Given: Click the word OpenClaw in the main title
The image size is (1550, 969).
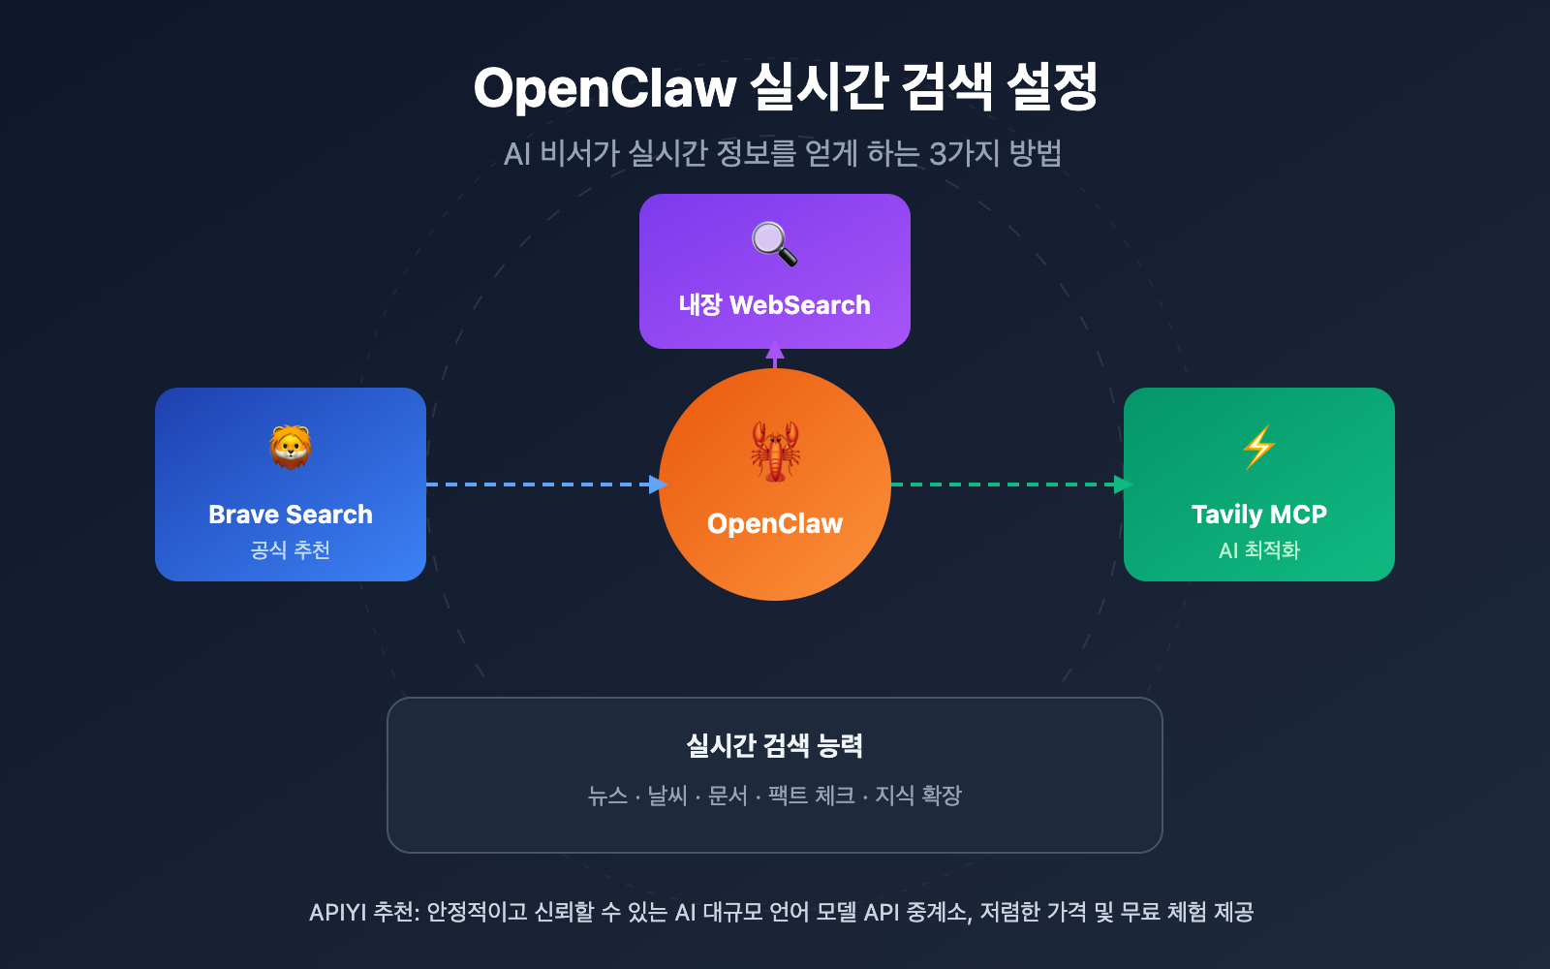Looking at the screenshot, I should click(x=604, y=88).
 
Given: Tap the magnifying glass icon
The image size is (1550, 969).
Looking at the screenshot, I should click(x=774, y=243).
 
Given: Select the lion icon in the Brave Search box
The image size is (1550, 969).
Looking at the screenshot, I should click(x=291, y=447).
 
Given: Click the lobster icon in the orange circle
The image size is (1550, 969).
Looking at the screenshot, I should click(x=775, y=451).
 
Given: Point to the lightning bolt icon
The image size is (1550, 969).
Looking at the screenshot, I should click(x=1258, y=447).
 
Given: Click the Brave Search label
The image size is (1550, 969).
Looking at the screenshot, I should click(x=291, y=515).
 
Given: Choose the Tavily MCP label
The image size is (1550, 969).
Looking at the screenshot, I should click(x=1258, y=515).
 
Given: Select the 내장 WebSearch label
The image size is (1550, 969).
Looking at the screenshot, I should click(x=774, y=305).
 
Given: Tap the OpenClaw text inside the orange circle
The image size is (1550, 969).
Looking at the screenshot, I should click(x=775, y=524).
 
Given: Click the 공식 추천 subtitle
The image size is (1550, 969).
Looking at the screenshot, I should click(x=291, y=550).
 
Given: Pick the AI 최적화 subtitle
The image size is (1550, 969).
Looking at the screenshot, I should click(x=1258, y=550).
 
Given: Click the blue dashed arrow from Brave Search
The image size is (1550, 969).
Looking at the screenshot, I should click(x=542, y=484).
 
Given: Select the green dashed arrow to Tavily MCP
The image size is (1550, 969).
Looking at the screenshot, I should click(x=1007, y=484).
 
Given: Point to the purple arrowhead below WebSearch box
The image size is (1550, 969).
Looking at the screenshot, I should click(x=775, y=355).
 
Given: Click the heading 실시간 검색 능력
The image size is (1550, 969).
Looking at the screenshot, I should click(x=775, y=745).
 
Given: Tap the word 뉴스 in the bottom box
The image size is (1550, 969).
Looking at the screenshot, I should click(x=607, y=796).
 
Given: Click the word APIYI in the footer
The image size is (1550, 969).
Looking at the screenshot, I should click(x=337, y=912).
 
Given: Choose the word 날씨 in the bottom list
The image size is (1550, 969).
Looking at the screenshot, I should click(x=667, y=796).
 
